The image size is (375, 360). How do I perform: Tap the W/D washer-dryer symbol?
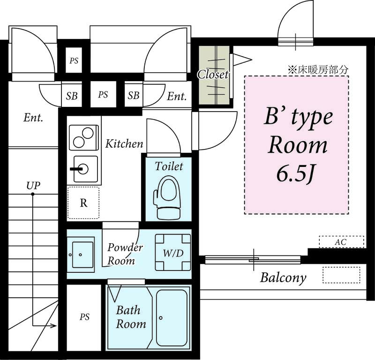click(173, 252)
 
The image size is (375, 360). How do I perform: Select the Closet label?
click(213, 74)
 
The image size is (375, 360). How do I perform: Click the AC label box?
click(341, 242)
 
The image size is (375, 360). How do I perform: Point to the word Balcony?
click(283, 277)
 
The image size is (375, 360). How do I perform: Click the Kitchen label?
click(124, 143)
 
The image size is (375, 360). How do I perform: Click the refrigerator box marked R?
click(83, 203)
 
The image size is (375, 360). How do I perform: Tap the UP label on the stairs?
click(33, 185)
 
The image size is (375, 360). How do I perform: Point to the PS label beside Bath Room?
click(84, 317)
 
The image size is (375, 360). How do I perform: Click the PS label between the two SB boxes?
click(103, 95)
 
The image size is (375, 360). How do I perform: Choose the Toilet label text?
click(169, 166)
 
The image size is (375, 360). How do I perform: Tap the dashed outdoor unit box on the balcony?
click(341, 274)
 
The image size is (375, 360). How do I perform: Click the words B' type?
click(297, 117)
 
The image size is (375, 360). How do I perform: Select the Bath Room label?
click(131, 317)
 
